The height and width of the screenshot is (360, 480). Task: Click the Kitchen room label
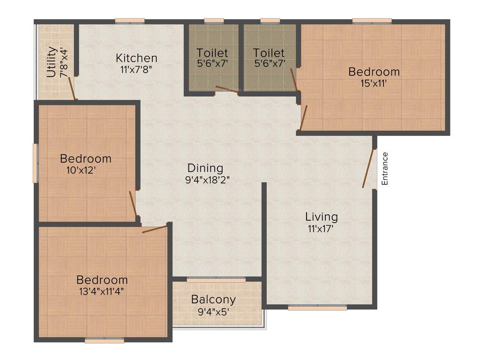(136, 58)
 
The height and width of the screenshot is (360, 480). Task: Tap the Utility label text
(52, 61)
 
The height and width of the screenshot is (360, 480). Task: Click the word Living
(321, 217)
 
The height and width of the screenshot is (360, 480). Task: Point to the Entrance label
(385, 169)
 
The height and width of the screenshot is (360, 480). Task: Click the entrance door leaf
(369, 169)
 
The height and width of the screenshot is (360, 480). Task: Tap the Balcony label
(213, 299)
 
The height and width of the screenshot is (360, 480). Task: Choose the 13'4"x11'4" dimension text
(102, 291)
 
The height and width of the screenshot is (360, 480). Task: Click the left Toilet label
(212, 52)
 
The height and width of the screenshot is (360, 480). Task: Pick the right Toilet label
(269, 52)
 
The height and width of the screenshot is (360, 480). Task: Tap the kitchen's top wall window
(130, 20)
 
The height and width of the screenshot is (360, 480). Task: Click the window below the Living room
(317, 308)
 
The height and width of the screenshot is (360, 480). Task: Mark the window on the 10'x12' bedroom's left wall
(35, 163)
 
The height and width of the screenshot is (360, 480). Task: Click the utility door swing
(72, 88)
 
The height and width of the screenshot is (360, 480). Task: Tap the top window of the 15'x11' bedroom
(372, 20)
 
